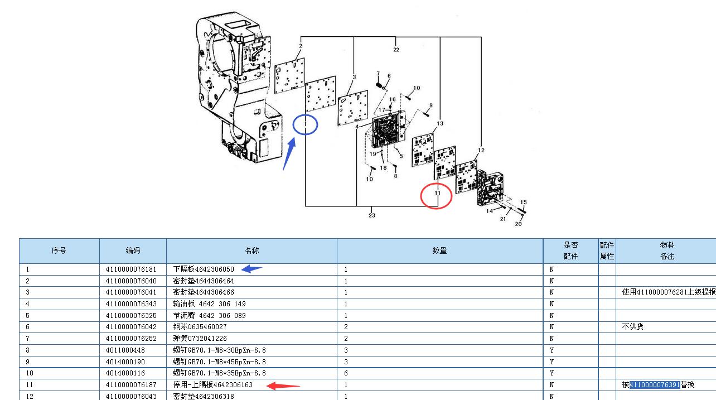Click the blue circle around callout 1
tap(293, 125)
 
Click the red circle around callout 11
tap(421, 196)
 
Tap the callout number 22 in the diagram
tap(396, 50)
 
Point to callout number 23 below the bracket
tap(372, 215)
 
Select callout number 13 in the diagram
tap(440, 123)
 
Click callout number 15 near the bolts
tap(523, 203)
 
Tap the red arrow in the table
tap(283, 386)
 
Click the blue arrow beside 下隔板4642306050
tap(251, 269)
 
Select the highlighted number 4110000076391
tap(655, 384)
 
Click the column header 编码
tap(133, 250)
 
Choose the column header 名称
tap(252, 250)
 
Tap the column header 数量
tap(439, 250)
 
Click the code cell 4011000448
tap(125, 350)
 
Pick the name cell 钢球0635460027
tap(200, 327)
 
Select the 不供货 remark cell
tap(632, 326)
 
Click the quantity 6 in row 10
tap(346, 373)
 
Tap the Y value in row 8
tap(551, 350)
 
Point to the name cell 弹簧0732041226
tap(200, 339)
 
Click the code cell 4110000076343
tap(131, 303)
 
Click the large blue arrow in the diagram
tap(289, 153)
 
